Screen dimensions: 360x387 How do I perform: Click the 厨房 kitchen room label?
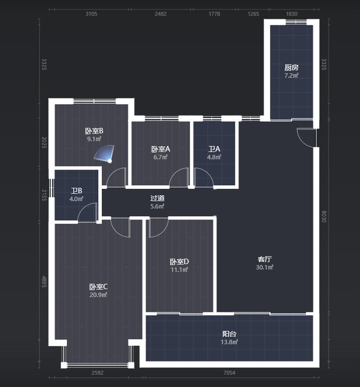coord(291,67)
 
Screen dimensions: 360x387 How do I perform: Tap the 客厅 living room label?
coord(265,259)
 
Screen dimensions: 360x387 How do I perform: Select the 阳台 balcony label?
coord(229,334)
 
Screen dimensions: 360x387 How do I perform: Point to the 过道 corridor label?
coord(157,198)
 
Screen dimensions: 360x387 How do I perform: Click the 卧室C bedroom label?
coord(98,287)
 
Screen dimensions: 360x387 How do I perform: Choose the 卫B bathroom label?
coord(76,191)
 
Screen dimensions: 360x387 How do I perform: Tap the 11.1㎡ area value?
coord(179,270)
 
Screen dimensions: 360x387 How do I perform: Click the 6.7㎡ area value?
coord(160,157)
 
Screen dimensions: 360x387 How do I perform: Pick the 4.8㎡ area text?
coord(214,157)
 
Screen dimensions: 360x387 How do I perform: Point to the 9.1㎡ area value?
coord(94,139)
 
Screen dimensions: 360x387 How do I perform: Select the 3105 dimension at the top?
coord(91,14)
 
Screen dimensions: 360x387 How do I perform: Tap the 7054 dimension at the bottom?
coord(229,373)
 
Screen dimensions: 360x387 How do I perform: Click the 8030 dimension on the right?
coord(324,216)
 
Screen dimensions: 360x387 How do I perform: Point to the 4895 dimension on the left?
coord(44,282)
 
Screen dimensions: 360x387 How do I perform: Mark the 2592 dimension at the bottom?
coord(97,373)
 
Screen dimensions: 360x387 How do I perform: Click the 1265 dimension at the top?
coord(253,14)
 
